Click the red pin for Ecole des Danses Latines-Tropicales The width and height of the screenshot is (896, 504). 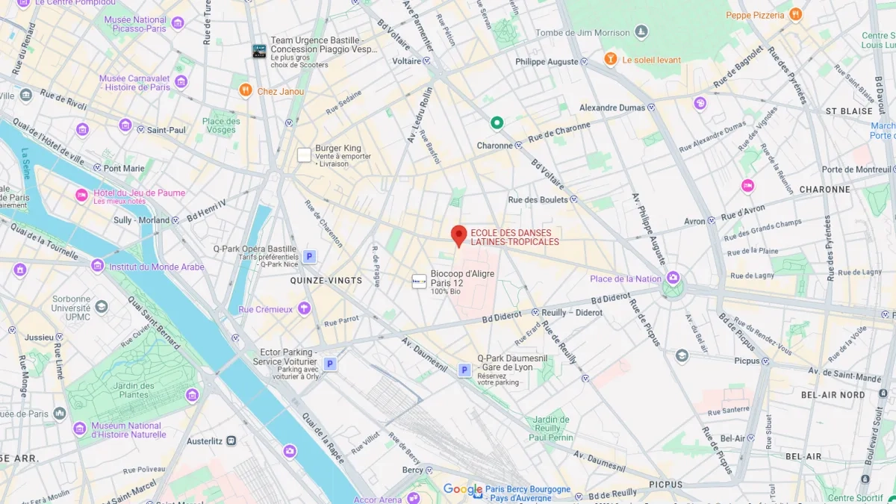tap(458, 235)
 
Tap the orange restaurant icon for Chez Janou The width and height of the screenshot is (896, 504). tap(245, 91)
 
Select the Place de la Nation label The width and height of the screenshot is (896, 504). tap(625, 279)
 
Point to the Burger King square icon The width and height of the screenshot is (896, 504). tap(304, 155)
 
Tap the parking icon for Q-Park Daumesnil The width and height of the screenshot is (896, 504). tap(464, 370)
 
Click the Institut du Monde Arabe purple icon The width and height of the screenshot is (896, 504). tap(97, 267)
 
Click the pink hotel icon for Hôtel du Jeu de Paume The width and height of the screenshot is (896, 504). tap(81, 196)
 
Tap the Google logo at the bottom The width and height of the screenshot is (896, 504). tap(463, 490)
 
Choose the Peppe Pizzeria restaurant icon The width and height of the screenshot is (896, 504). tap(795, 14)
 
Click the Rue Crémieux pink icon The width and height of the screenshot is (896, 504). tap(303, 308)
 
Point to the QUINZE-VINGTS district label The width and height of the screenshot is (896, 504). tap(326, 281)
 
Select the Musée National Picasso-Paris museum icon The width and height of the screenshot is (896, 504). tap(178, 23)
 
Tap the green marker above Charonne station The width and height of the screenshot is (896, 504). tap(497, 123)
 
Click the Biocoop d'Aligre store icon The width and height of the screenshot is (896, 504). tap(420, 281)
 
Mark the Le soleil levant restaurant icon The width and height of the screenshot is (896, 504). tap(611, 59)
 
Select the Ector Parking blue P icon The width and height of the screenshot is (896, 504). tap(330, 364)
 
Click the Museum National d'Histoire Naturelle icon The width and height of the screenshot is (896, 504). tap(80, 429)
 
